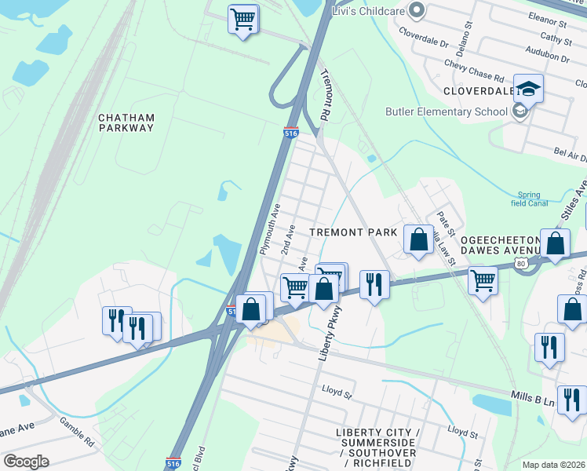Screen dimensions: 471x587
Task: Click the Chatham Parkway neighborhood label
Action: click(x=126, y=122)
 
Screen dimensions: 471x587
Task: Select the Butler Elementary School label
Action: click(x=446, y=111)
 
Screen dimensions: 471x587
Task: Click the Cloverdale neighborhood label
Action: click(x=478, y=91)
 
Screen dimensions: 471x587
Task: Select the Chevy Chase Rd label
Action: click(x=473, y=75)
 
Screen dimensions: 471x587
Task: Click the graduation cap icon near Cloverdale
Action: click(x=528, y=88)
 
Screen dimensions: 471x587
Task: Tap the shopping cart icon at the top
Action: click(x=243, y=17)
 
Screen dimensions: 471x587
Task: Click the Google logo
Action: click(x=25, y=462)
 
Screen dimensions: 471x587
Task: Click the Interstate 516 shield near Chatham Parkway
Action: click(x=290, y=133)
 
